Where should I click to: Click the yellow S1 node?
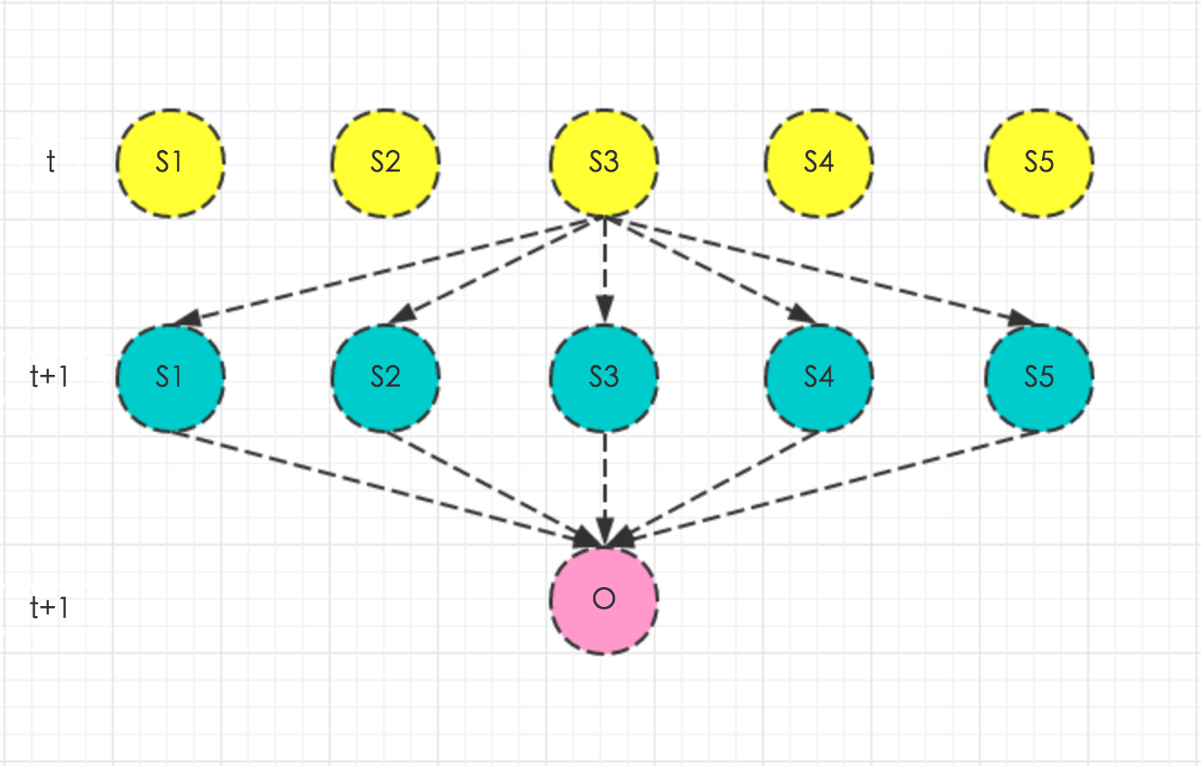click(171, 163)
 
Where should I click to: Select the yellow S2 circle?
click(386, 163)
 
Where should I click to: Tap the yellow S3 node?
click(604, 163)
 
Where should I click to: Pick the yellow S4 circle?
click(819, 163)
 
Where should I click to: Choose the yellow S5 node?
click(1039, 163)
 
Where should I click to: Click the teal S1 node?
click(171, 377)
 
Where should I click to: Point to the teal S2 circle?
click(386, 377)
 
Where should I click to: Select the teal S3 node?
click(604, 377)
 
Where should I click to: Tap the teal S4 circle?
click(819, 377)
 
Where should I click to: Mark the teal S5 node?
click(1039, 377)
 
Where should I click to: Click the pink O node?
click(604, 599)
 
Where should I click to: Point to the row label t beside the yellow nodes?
click(51, 163)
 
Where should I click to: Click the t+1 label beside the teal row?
click(50, 377)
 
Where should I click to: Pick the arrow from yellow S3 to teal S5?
click(822, 270)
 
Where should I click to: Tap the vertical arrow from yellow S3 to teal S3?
click(604, 271)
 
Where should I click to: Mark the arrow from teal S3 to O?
click(604, 488)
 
